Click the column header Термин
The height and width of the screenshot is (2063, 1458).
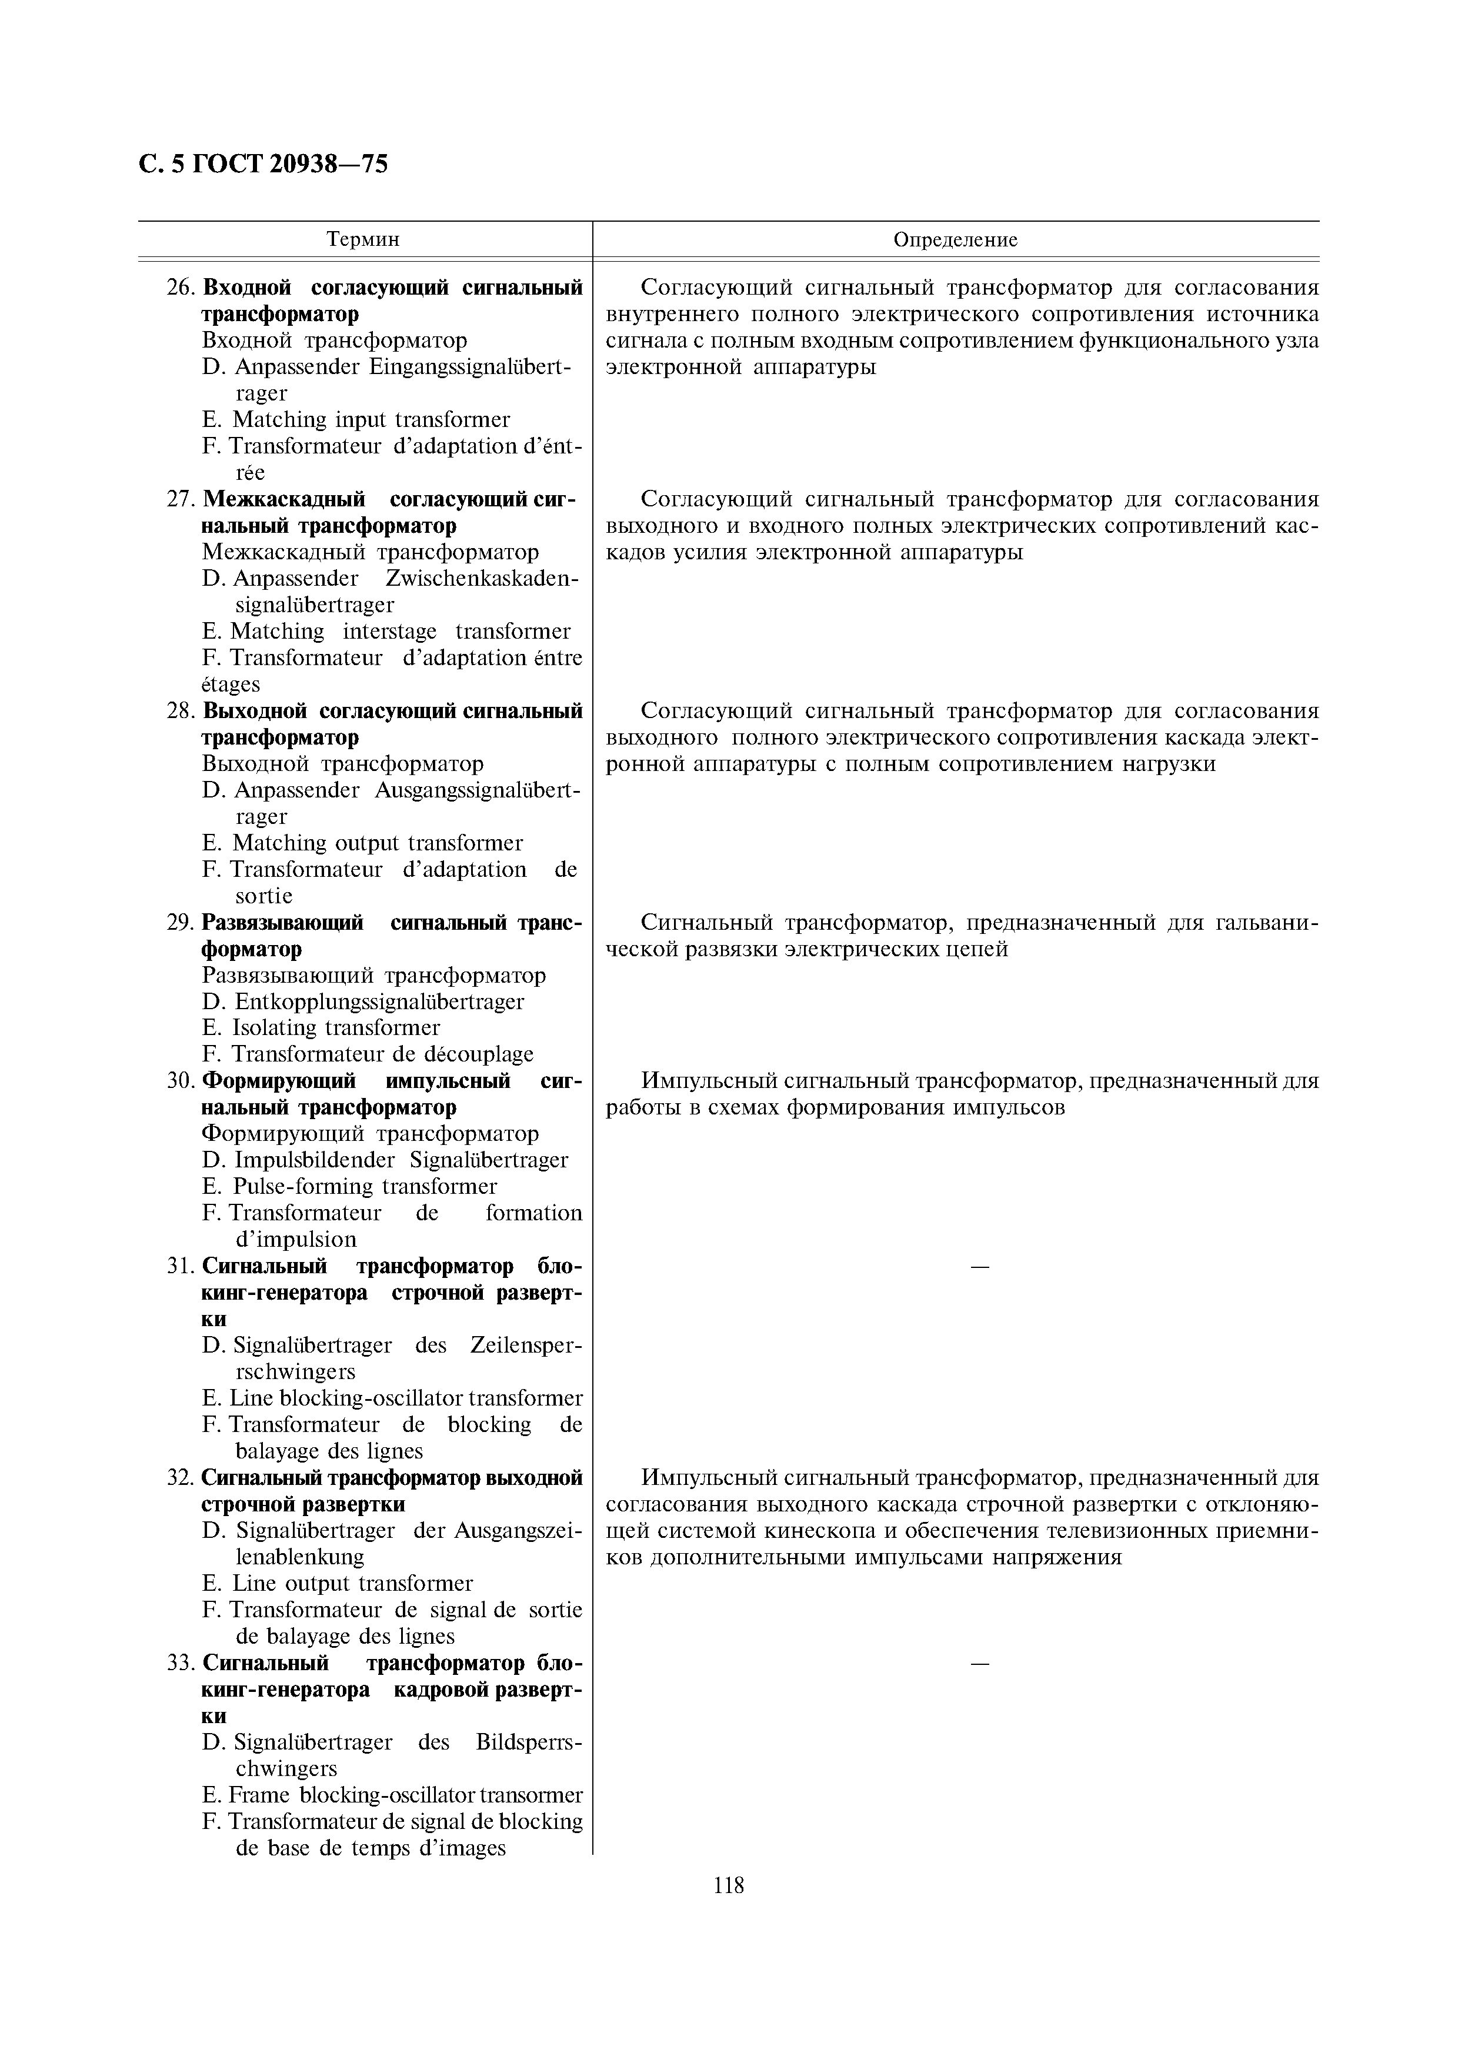[x=363, y=240]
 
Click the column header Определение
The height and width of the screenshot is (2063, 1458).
[x=955, y=240]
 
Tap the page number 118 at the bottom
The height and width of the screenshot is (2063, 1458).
[x=729, y=1885]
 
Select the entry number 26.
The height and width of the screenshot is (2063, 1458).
[x=181, y=288]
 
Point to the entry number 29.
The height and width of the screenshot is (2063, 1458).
[x=181, y=923]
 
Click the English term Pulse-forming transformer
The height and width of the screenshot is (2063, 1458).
[x=365, y=1187]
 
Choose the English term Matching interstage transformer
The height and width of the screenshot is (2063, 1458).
[x=400, y=632]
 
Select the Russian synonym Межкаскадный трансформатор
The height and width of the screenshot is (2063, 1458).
[x=370, y=553]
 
